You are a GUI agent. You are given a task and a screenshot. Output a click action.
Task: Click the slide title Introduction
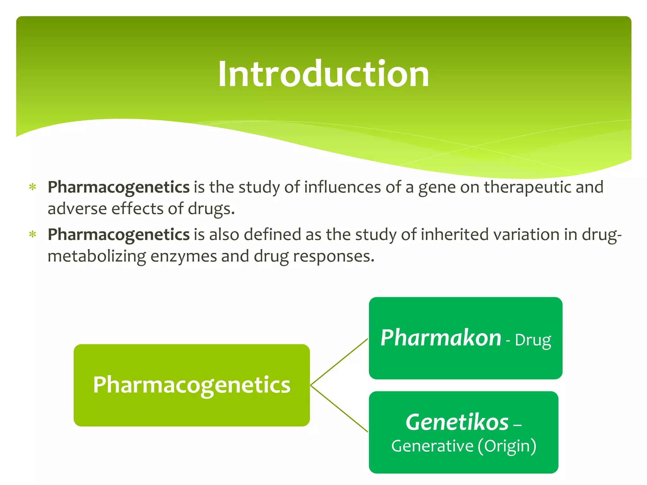[323, 74]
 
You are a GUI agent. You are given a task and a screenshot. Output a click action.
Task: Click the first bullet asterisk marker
[33, 187]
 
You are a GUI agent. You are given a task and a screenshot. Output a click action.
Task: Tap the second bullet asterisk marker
[33, 235]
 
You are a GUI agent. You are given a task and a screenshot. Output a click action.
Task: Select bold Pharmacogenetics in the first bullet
[118, 187]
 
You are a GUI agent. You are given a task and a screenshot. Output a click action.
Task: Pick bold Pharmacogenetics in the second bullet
[118, 235]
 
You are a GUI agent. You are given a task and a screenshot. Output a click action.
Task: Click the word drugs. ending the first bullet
[211, 209]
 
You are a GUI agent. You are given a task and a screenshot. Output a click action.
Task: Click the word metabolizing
[97, 256]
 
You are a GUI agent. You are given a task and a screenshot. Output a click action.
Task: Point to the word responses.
[333, 256]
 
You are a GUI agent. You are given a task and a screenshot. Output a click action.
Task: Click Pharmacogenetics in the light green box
[191, 385]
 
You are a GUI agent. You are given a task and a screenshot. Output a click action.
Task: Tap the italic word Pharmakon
[441, 338]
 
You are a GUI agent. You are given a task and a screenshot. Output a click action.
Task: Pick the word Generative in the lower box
[432, 446]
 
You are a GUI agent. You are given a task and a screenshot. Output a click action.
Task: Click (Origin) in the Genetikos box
[507, 446]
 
